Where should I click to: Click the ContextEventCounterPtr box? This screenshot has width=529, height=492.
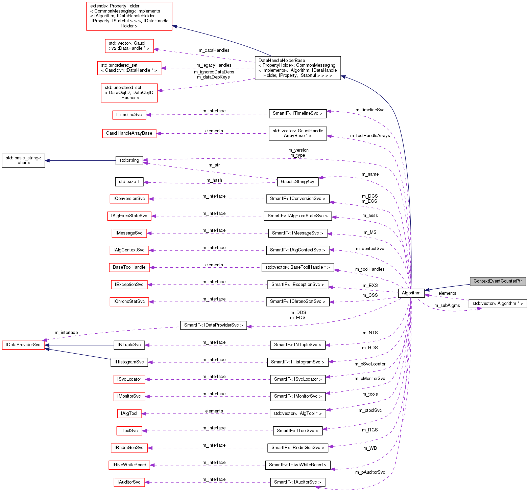point(498,281)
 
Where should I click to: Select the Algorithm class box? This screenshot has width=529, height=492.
point(411,293)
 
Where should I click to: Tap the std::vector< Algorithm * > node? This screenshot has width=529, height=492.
point(498,304)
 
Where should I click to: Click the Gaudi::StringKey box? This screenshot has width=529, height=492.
point(297,182)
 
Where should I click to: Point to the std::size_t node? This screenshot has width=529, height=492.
point(129,182)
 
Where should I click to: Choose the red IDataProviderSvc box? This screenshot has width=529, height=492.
point(23,345)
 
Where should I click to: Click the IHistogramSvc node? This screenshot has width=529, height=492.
point(129,362)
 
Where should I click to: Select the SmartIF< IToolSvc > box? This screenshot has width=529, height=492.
point(297,431)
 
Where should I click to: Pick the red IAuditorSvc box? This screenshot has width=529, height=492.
point(129,482)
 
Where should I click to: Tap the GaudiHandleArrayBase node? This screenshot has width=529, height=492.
point(129,133)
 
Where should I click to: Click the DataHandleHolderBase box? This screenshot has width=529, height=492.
point(297,68)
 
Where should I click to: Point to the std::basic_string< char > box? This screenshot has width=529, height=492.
point(23,160)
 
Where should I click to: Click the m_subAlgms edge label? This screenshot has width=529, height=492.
point(447,306)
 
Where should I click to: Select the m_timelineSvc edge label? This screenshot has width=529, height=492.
point(370,110)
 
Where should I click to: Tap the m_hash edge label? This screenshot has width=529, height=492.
point(214,180)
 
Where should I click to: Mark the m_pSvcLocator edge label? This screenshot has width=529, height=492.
point(370,364)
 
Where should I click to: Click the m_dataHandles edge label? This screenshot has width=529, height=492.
point(214,50)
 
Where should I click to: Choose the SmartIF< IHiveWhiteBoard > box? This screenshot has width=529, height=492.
point(297,465)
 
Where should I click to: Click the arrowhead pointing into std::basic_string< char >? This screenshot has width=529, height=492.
point(47,160)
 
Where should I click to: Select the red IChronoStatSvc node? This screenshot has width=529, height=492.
point(129,301)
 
